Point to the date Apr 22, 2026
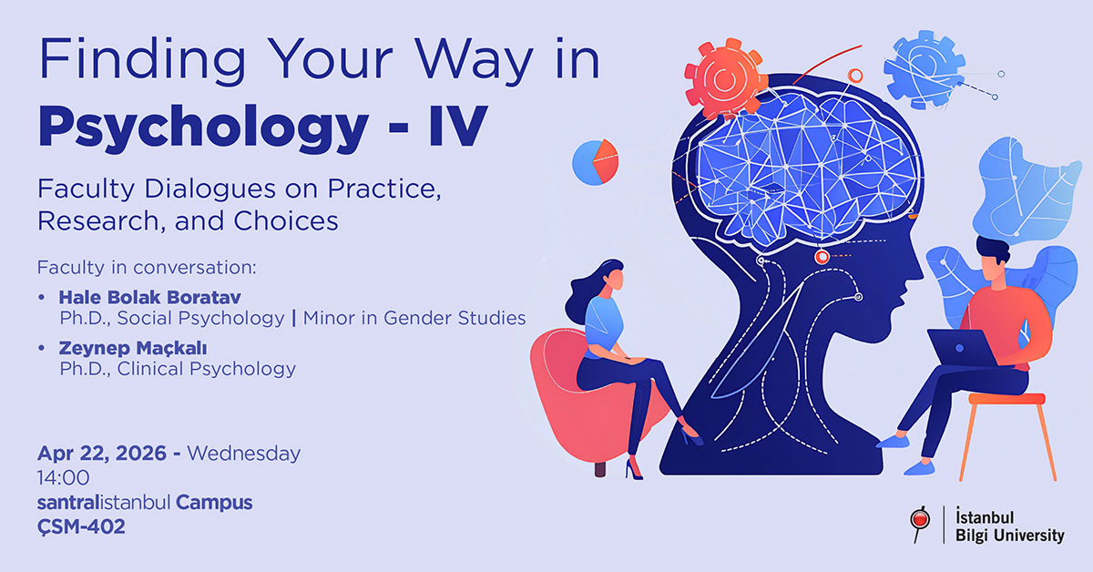click(101, 453)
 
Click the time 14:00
click(64, 477)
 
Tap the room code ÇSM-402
click(81, 526)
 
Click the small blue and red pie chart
click(595, 162)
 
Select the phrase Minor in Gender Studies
click(414, 318)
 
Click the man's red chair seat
click(1005, 399)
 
